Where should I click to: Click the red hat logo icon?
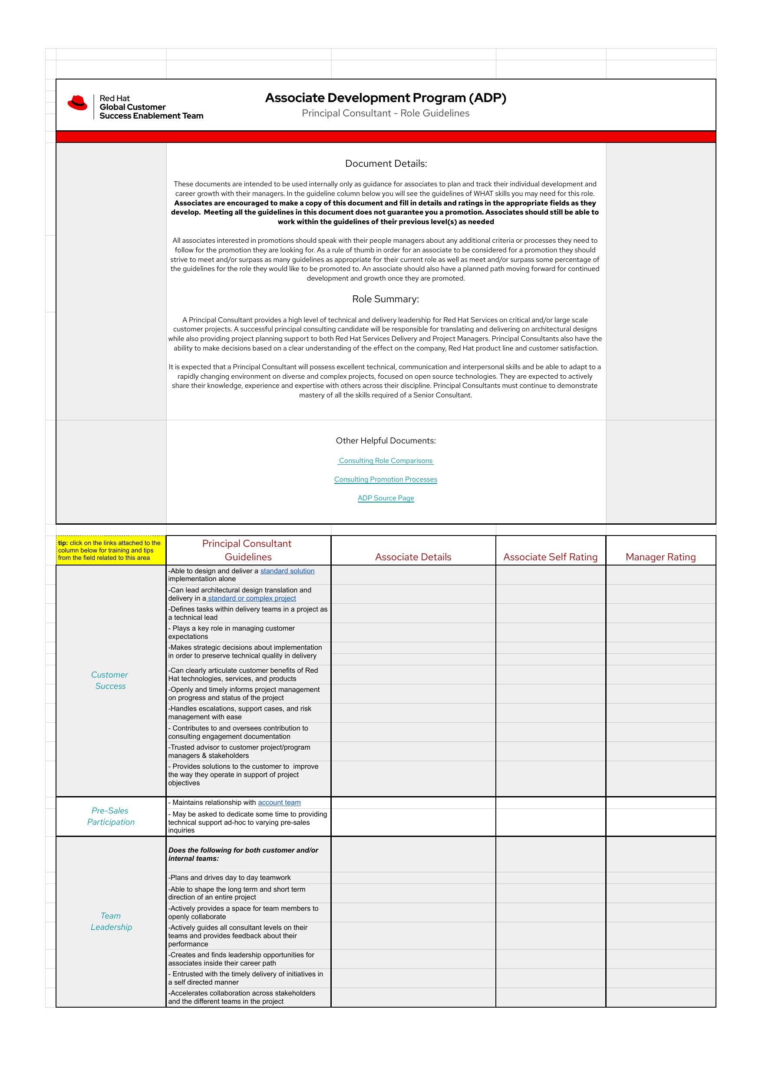(77, 103)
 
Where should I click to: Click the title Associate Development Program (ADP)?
(386, 98)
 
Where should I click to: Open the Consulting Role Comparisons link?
(386, 460)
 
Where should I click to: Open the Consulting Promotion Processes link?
(386, 479)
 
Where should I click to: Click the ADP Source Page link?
(386, 498)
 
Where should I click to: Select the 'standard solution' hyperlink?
(287, 571)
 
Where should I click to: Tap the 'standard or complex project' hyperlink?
(252, 598)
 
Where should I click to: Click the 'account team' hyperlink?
(279, 802)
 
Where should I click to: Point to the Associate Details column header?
(413, 557)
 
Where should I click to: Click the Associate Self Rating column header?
(550, 557)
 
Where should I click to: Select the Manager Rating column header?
(660, 557)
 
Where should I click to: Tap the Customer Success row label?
(110, 680)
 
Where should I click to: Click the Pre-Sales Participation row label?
(110, 816)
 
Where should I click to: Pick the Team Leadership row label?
(111, 921)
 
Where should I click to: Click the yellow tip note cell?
(111, 550)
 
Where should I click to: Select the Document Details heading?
(386, 163)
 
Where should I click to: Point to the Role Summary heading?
(386, 299)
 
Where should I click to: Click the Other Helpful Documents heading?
(386, 440)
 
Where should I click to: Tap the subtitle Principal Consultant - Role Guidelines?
(386, 113)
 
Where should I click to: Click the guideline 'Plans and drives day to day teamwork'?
(230, 877)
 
